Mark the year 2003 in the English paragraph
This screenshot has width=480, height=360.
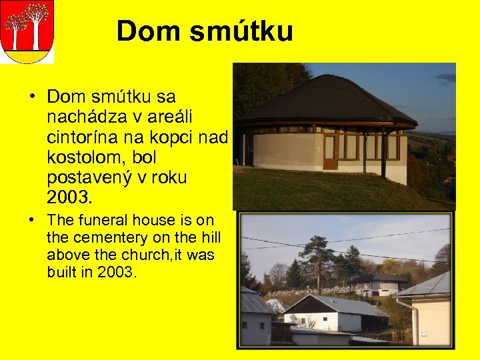pos(115,272)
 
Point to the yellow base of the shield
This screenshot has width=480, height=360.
pos(27,57)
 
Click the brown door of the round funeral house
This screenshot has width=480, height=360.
pos(329,150)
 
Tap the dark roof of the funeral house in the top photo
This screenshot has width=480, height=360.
pos(327,100)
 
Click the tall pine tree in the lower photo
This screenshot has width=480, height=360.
pos(317,260)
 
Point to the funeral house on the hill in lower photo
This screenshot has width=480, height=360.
pos(378,284)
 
